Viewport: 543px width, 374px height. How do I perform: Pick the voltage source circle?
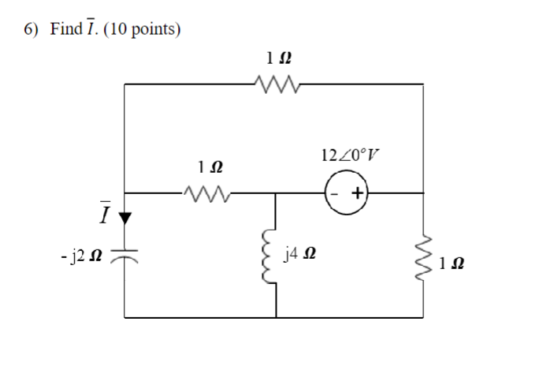point(346,192)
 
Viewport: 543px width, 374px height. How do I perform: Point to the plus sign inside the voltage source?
point(355,192)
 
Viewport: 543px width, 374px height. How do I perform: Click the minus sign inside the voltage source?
point(337,192)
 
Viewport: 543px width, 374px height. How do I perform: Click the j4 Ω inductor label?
point(303,255)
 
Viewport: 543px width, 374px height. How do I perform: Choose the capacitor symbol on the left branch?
point(125,255)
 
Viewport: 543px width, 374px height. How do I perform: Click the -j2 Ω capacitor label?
point(83,255)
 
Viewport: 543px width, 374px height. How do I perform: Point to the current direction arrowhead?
point(125,215)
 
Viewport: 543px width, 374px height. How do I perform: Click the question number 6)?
point(31,30)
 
